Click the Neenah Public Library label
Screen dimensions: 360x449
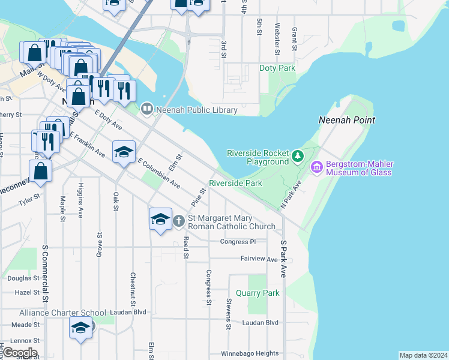[197, 110]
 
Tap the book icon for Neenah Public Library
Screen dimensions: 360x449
[147, 109]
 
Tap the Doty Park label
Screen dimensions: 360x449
[277, 68]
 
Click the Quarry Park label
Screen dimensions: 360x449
[258, 293]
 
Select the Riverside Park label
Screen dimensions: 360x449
[235, 183]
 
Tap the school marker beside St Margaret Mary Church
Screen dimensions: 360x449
[160, 219]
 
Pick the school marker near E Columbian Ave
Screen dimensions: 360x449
[124, 152]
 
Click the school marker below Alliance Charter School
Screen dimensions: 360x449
[80, 328]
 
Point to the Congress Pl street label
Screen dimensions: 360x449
[238, 242]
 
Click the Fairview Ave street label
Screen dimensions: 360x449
[259, 260]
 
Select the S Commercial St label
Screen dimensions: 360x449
[45, 274]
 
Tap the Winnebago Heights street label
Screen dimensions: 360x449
[250, 353]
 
